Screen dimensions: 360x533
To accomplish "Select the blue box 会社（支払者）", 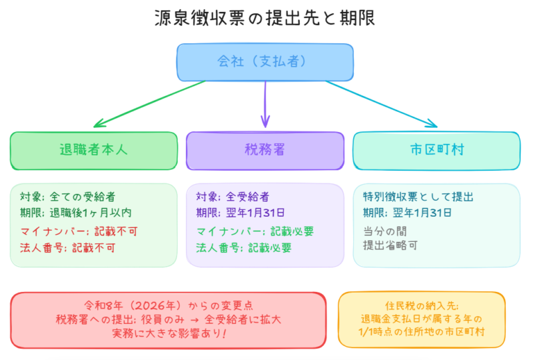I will tap(265, 61).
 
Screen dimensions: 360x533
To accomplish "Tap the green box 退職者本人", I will tap(94, 150).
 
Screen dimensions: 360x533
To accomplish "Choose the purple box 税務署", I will tap(265, 150).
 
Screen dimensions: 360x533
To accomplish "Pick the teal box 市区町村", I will tap(436, 150).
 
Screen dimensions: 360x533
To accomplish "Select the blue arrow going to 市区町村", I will tap(380, 103).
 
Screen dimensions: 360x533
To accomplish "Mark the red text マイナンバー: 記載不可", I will tap(77, 231).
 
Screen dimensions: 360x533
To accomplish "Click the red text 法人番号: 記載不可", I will tap(67, 248).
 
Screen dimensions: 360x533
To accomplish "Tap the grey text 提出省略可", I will tap(390, 245).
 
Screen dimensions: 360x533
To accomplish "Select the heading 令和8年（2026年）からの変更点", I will tap(169, 304).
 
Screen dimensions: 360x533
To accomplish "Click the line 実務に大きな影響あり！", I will tap(169, 333).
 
